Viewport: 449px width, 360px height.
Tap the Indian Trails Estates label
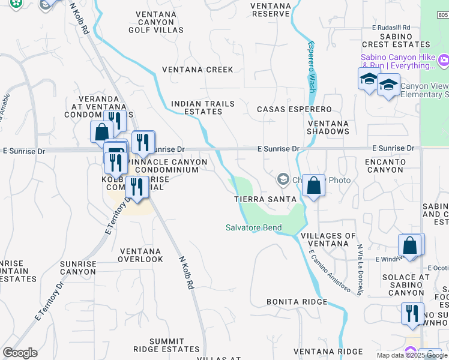tap(203, 107)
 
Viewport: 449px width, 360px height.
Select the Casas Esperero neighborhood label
tap(294, 109)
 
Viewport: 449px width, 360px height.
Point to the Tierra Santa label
tap(265, 199)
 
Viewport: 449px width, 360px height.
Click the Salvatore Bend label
tap(253, 227)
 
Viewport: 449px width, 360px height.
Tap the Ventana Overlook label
tap(140, 255)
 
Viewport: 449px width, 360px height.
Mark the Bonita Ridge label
tap(297, 302)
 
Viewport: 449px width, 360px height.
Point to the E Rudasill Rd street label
tap(391, 28)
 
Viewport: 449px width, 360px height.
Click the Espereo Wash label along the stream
tap(312, 66)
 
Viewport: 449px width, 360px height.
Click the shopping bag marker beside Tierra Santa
tap(313, 185)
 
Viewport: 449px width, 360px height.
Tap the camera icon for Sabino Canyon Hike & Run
tap(444, 59)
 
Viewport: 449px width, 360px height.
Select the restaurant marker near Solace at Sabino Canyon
tap(412, 314)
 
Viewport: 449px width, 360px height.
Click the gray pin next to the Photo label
tap(283, 179)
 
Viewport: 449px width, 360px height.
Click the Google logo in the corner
tap(20, 353)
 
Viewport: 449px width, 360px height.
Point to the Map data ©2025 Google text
tap(412, 355)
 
